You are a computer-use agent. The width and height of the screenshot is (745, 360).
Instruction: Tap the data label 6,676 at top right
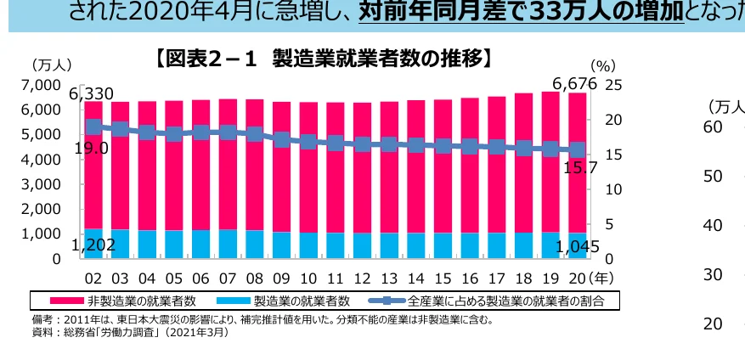(575, 84)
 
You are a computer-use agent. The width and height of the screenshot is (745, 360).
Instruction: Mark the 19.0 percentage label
(92, 149)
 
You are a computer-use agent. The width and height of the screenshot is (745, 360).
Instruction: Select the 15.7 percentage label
(581, 167)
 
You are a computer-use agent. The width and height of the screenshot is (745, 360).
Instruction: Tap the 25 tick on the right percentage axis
(613, 85)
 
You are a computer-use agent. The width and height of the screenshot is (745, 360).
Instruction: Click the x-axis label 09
(281, 278)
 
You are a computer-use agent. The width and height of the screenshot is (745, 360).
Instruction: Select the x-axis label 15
(443, 278)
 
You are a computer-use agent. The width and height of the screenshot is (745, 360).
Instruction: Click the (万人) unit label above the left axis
(52, 65)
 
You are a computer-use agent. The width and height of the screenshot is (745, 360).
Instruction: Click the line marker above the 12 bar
(363, 143)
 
